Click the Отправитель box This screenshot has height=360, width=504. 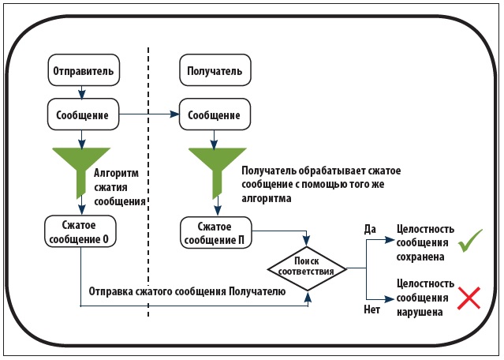pos(84,70)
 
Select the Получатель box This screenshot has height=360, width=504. pos(215,70)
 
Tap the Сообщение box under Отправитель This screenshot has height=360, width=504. pos(84,114)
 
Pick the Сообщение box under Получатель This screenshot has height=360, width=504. pos(215,114)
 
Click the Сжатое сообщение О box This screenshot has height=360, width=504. pos(80,231)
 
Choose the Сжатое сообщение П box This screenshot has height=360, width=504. pos(216,233)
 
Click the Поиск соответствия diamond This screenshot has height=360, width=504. pos(308,268)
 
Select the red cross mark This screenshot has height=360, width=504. pos(469,298)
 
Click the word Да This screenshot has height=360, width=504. pos(370,230)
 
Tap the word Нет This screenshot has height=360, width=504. pos(372,309)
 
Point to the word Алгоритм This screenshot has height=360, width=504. pos(117,174)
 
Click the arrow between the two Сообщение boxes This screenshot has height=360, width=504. pos(149,114)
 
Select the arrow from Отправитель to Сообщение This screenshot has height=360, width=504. pos(82,92)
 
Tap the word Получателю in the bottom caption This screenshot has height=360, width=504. pos(257,292)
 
